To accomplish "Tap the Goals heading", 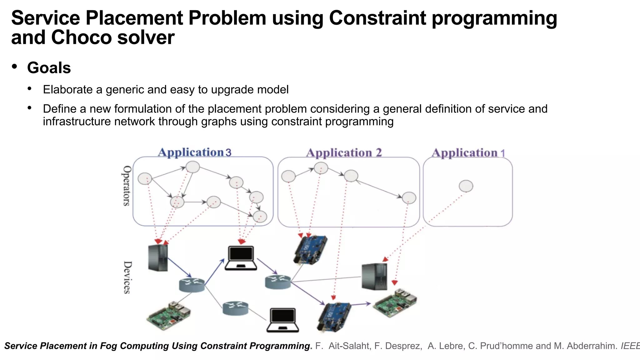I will coord(49,68).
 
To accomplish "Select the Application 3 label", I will coord(194,152).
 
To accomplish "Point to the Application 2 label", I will coord(344,153).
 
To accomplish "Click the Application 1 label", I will coord(468,153).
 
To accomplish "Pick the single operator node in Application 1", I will coord(466,186).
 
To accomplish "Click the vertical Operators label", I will coord(126,186).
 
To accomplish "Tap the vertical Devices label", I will coord(127,277).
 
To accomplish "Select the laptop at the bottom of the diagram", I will coord(283,320).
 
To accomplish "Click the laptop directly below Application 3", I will coord(241,258).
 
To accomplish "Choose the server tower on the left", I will coord(158,258).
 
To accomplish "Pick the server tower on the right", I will coord(374,277).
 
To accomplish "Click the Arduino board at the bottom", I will coord(334,316).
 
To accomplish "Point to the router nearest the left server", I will coord(192,285).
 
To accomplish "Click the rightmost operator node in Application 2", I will coord(409,198).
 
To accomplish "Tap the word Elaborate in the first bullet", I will coord(68,90).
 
